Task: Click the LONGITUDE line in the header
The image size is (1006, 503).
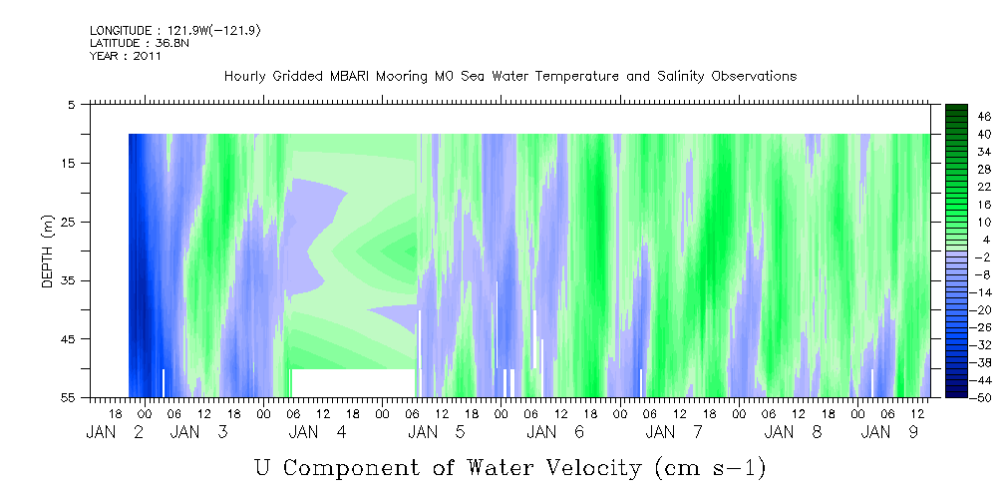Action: coord(175,31)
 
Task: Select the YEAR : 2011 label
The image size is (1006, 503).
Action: coord(125,56)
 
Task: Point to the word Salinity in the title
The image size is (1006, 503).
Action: coord(680,77)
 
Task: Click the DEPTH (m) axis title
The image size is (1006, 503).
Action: coord(48,251)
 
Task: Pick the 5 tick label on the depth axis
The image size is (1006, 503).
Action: coord(72,104)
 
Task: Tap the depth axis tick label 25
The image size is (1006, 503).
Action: coord(68,222)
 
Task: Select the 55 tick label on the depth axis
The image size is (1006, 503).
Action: coord(68,397)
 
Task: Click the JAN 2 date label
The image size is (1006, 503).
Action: coord(115,432)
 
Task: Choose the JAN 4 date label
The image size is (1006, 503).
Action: coord(318,432)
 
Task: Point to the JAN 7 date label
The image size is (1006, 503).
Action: coord(674,432)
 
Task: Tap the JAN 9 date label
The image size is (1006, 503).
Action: coord(889,432)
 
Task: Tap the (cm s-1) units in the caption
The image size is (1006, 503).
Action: coord(710,468)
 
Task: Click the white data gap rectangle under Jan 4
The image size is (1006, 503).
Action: coord(354,383)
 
